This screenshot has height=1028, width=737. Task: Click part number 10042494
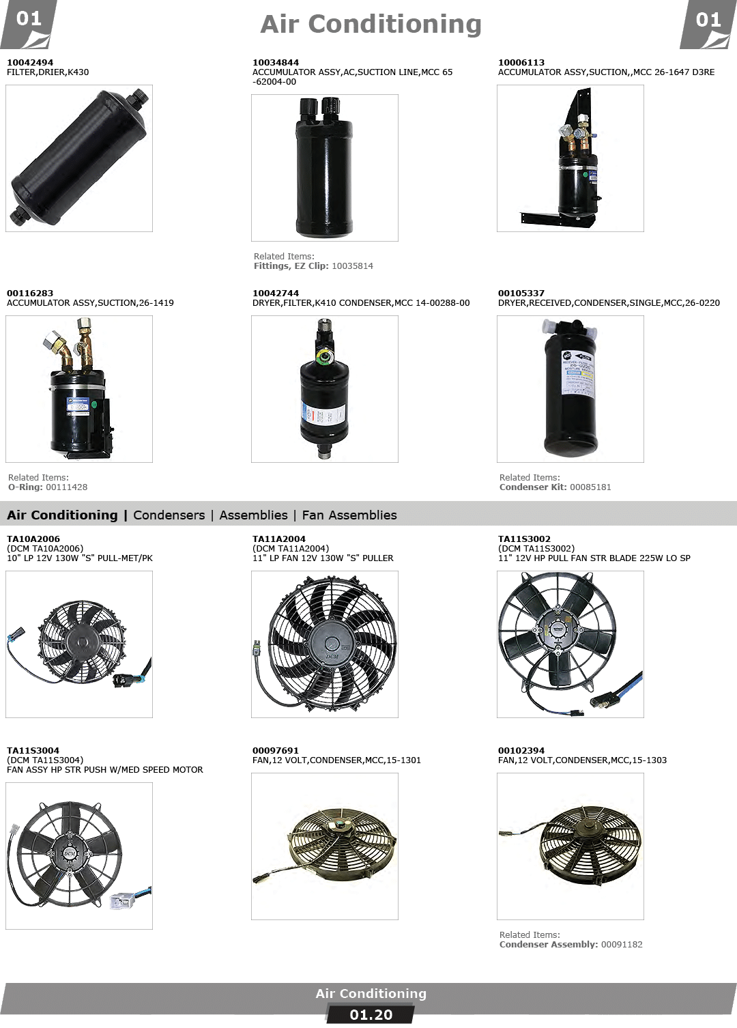[30, 62]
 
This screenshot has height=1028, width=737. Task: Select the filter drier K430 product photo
[79, 158]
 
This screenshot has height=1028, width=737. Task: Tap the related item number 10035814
[352, 266]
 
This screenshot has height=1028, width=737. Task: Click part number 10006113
[521, 62]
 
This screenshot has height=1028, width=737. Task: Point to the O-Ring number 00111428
[67, 487]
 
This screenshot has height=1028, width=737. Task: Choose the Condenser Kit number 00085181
[590, 487]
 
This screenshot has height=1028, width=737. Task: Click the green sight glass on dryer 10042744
[325, 356]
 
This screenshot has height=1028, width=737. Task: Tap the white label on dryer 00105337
[577, 373]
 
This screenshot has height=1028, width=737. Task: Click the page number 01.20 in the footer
[371, 1015]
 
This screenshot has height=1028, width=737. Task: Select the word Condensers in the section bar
[169, 515]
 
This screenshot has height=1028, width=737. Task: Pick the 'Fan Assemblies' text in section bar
[349, 515]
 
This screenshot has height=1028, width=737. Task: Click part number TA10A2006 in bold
[33, 539]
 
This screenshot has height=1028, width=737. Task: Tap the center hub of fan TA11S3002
[558, 630]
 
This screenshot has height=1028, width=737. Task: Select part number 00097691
[275, 750]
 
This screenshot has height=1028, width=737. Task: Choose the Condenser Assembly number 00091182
[622, 945]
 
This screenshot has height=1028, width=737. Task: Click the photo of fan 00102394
[570, 846]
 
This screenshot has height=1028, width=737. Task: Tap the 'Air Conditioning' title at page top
[371, 24]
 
